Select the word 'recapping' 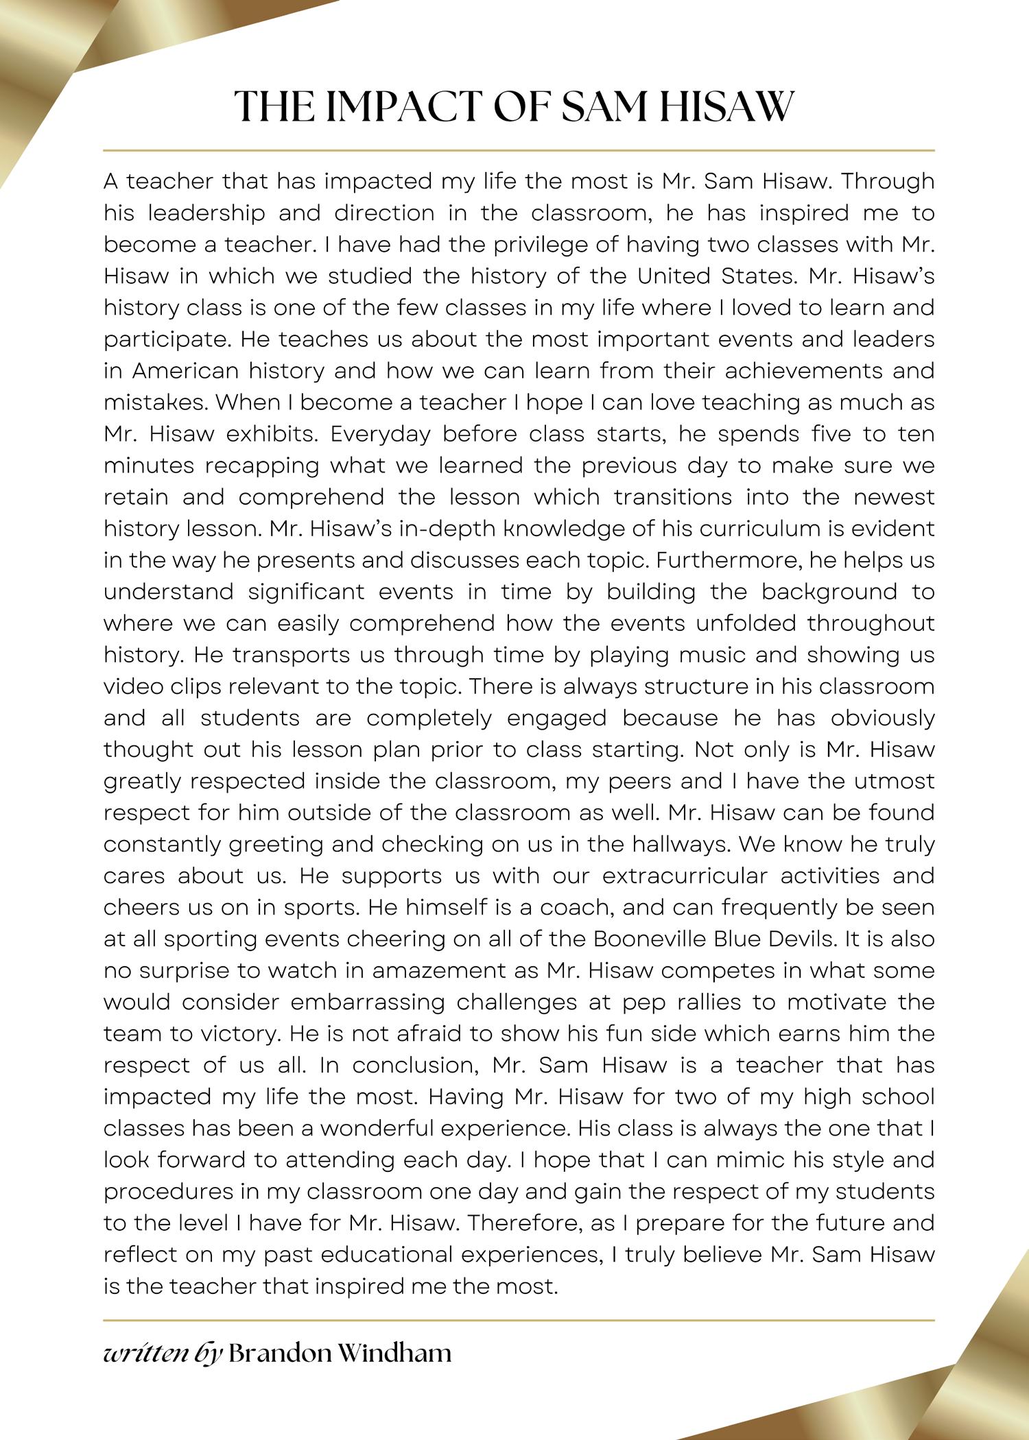coord(263,466)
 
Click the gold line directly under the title coord(519,149)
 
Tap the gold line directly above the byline coord(519,1319)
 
